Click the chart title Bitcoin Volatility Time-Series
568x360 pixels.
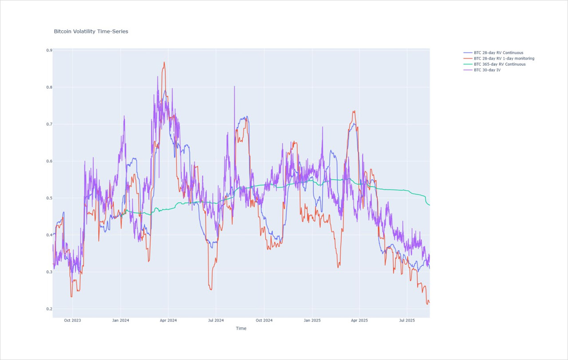[91, 32]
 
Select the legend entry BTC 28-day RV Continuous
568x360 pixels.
[498, 53]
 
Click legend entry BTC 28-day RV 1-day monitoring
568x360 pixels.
[504, 59]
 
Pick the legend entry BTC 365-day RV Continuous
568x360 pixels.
[500, 64]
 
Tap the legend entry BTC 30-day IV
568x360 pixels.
[487, 70]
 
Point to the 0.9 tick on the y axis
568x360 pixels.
[49, 50]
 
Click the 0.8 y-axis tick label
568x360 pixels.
[49, 87]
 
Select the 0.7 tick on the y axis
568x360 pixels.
[49, 124]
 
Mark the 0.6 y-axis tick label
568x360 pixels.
[49, 161]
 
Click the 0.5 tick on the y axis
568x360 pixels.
[49, 198]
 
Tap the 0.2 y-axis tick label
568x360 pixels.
[49, 309]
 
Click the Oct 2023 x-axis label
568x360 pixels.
[72, 320]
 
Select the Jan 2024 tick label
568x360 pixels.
[120, 320]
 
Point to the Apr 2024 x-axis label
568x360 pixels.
[168, 320]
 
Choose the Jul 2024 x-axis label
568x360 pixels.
[216, 320]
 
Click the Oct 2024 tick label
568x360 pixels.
[264, 320]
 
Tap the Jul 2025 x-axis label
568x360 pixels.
[407, 320]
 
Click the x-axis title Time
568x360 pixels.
[241, 328]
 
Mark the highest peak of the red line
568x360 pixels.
[164, 62]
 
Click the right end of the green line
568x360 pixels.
[430, 205]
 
